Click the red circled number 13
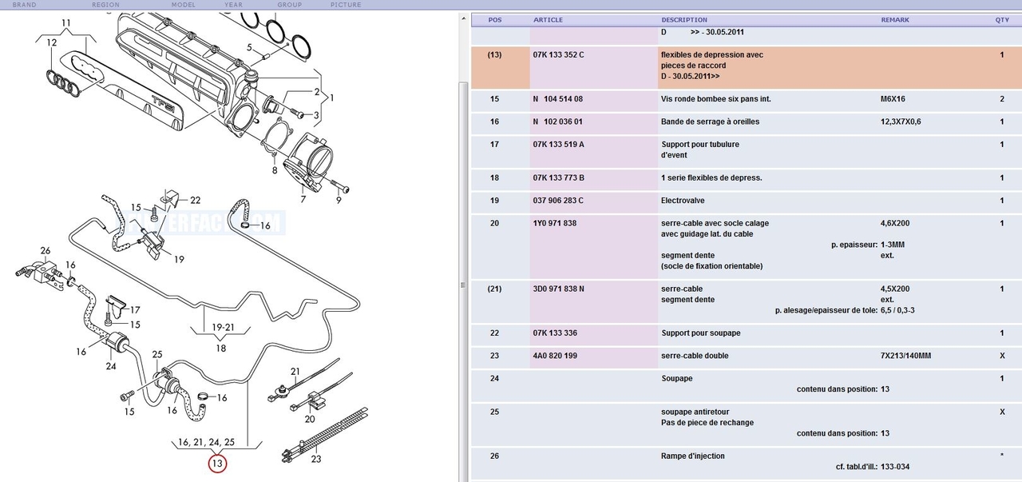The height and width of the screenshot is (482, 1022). pyautogui.click(x=217, y=464)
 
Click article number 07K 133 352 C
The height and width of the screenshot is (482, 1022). pyautogui.click(x=558, y=55)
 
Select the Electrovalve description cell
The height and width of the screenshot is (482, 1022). pyautogui.click(x=683, y=201)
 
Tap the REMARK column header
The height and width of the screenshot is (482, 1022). pyautogui.click(x=895, y=20)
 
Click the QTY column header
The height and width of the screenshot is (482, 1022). pyautogui.click(x=1002, y=20)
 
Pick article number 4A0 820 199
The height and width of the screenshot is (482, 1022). pyautogui.click(x=555, y=356)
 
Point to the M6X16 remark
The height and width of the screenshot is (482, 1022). pyautogui.click(x=893, y=98)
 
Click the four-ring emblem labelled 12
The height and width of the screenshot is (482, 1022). pyautogui.click(x=64, y=83)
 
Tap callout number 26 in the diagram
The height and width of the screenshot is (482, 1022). pyautogui.click(x=46, y=250)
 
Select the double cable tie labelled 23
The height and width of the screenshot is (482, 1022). pyautogui.click(x=325, y=434)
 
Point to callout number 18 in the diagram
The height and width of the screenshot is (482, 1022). pyautogui.click(x=221, y=349)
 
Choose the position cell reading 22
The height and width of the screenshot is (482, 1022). pyautogui.click(x=494, y=333)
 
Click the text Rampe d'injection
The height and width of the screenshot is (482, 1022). pyautogui.click(x=692, y=456)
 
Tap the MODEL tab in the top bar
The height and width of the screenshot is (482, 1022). pyautogui.click(x=184, y=5)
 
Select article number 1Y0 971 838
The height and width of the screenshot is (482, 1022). pyautogui.click(x=554, y=223)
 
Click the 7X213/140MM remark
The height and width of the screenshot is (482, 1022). pyautogui.click(x=905, y=356)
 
